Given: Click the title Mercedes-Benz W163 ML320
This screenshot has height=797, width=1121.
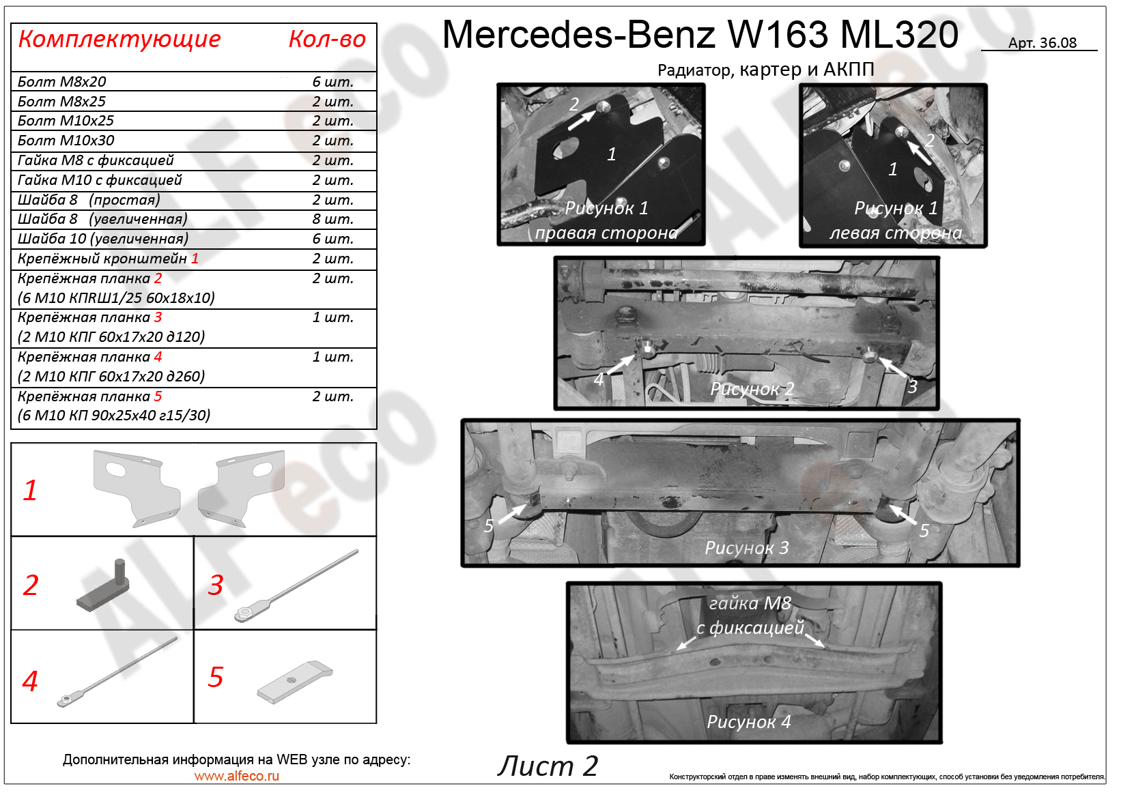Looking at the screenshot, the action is click(700, 35).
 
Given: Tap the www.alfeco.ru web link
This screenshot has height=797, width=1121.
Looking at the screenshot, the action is click(237, 776).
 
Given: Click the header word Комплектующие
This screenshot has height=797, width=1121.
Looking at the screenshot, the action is click(119, 40).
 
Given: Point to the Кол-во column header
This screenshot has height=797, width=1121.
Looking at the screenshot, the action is click(327, 39).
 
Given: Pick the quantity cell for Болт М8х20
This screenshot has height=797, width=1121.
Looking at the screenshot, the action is click(332, 82).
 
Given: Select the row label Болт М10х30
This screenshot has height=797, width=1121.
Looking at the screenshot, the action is click(66, 141).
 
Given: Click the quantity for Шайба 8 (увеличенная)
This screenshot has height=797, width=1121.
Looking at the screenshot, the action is click(332, 219).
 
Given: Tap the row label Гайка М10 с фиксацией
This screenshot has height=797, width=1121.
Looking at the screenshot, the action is click(100, 180).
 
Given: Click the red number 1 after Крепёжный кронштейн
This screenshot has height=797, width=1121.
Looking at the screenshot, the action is click(195, 259).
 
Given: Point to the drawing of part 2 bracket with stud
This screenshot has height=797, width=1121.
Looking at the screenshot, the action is click(104, 585).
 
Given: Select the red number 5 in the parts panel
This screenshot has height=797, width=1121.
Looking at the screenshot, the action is click(215, 678).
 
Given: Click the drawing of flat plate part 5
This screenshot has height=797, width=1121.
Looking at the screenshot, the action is click(295, 682).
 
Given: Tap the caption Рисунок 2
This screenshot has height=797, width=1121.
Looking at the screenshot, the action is click(752, 389).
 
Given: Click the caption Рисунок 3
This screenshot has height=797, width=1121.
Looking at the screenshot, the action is click(747, 548).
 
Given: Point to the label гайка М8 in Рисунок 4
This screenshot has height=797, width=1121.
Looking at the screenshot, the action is click(750, 603).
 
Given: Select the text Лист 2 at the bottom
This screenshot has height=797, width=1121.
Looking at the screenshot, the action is click(548, 766).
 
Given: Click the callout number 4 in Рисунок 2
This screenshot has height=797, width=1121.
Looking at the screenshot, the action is click(599, 379).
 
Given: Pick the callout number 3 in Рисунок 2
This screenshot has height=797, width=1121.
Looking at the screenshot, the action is click(912, 386).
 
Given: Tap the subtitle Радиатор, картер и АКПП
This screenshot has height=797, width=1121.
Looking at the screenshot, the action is click(766, 70).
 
